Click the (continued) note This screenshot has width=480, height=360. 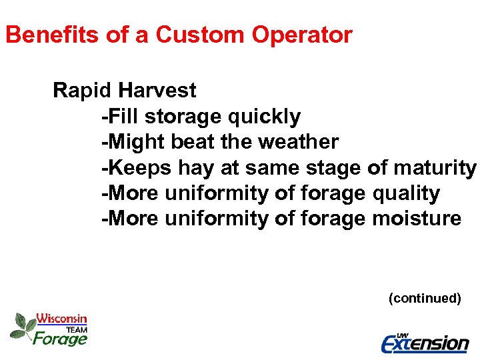coord(425,298)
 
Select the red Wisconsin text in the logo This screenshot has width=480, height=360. coord(61,319)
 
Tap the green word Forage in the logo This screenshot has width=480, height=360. coord(60,339)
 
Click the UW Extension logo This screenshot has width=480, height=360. coord(425,343)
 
